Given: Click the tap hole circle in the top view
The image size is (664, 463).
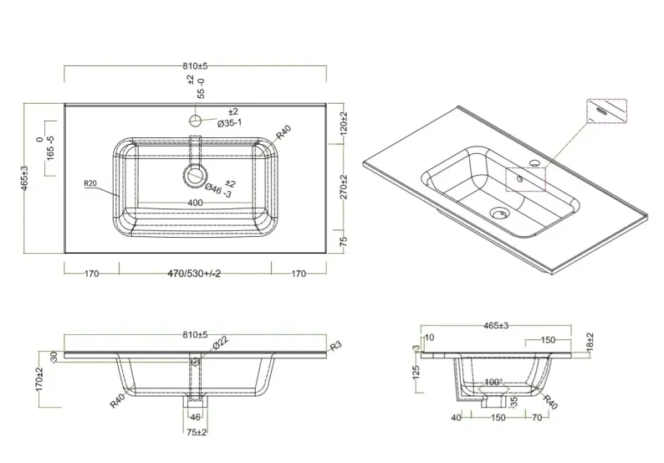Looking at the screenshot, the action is coord(195,121).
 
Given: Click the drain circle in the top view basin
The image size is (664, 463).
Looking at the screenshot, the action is coord(195,175).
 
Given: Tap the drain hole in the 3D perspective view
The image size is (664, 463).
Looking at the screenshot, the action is coord(500,213).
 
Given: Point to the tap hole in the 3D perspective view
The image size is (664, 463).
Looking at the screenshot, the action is coord(535,162).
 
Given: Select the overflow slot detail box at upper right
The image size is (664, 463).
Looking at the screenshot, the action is coord(606,111).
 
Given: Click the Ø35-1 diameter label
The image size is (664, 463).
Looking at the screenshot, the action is coord(229,123).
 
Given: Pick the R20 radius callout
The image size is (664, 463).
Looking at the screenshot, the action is coord(90,183).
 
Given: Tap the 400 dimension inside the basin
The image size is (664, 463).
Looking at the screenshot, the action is coord(195,203).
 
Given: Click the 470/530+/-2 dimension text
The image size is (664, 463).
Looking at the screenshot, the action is coord(194,274).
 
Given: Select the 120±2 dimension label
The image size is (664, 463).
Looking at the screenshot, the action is coord(344,123).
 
